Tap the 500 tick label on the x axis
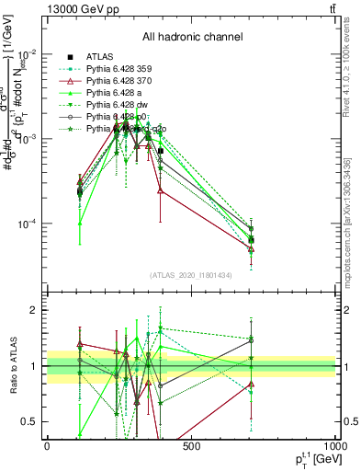[x=191, y=446]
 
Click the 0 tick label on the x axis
[x=48, y=446]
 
